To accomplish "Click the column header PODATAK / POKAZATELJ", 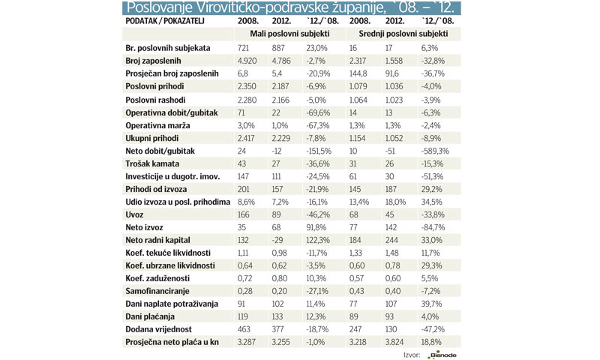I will pos(163,20).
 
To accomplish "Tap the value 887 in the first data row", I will pos(277,48).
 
